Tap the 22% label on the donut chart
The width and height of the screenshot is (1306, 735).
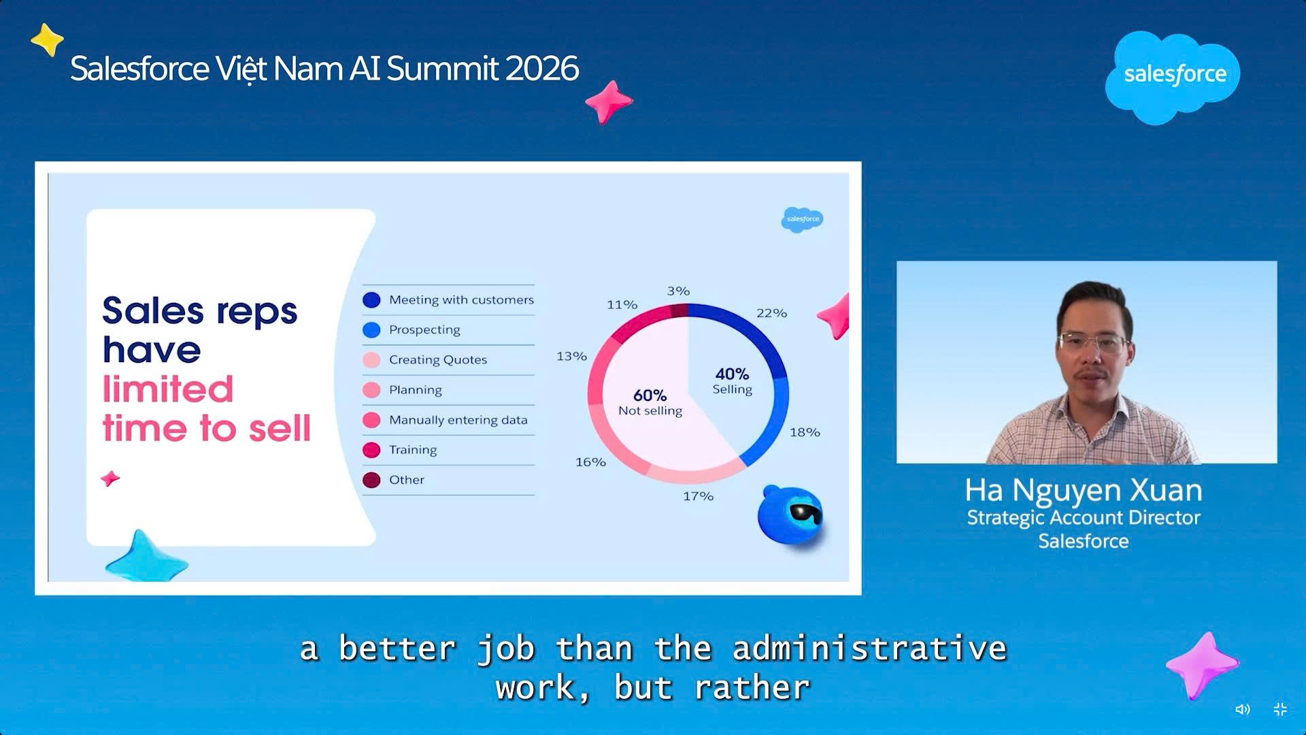click(771, 313)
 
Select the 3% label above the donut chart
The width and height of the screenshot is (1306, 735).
click(678, 291)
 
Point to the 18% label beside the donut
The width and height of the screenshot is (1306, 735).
click(805, 432)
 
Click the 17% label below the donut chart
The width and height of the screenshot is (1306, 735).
click(698, 496)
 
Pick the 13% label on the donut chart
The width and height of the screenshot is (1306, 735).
click(571, 356)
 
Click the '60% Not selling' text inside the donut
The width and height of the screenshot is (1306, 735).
click(650, 402)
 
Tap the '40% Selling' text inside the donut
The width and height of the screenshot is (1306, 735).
click(732, 381)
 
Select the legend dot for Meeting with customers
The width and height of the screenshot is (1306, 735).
click(371, 299)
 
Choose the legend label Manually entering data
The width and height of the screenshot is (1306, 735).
click(458, 420)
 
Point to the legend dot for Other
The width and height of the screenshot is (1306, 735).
click(371, 480)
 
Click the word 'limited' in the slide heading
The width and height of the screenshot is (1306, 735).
click(168, 389)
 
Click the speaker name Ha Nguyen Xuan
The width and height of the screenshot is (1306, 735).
click(1083, 490)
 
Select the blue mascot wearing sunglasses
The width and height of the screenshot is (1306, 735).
click(790, 514)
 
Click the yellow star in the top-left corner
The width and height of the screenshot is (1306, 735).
click(48, 39)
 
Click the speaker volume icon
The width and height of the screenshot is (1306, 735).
click(1243, 709)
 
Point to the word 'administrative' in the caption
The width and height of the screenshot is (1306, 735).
click(869, 649)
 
